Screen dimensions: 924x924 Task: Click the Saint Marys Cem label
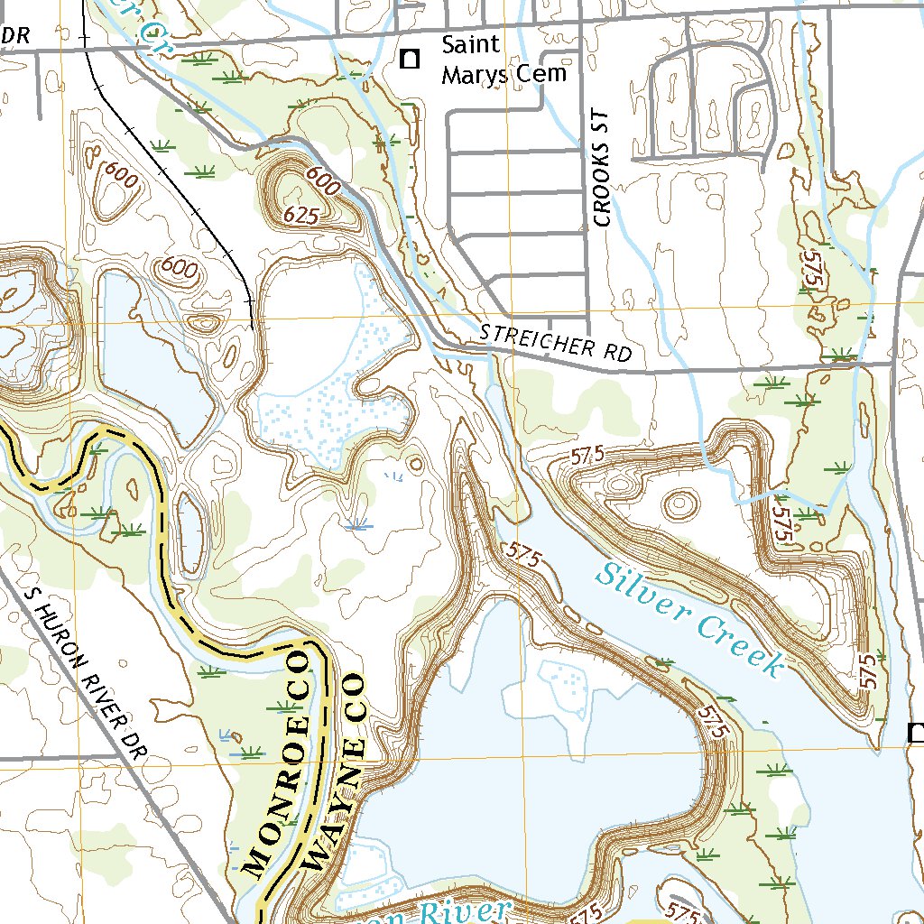pos(504,59)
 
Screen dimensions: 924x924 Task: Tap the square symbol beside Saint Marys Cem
pos(411,60)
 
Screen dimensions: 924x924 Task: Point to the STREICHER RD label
pos(555,343)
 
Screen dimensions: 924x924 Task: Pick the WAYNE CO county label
pos(339,772)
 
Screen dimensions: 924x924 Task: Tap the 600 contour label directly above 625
pos(323,181)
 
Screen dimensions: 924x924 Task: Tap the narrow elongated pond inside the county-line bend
pos(189,532)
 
